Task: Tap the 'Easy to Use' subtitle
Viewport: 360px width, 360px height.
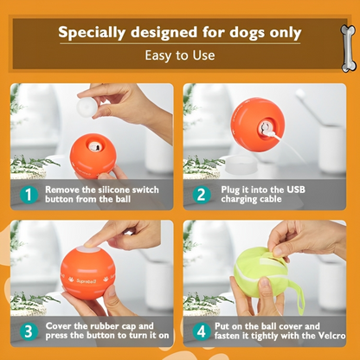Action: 179,55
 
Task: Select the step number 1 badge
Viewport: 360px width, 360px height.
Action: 29,194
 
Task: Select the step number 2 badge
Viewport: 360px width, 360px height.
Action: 202,194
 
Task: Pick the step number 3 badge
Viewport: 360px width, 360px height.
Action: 29,331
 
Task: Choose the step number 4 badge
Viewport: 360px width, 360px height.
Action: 202,331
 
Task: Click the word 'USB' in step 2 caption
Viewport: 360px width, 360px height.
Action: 319,189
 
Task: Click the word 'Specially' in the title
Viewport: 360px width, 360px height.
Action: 93,34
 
